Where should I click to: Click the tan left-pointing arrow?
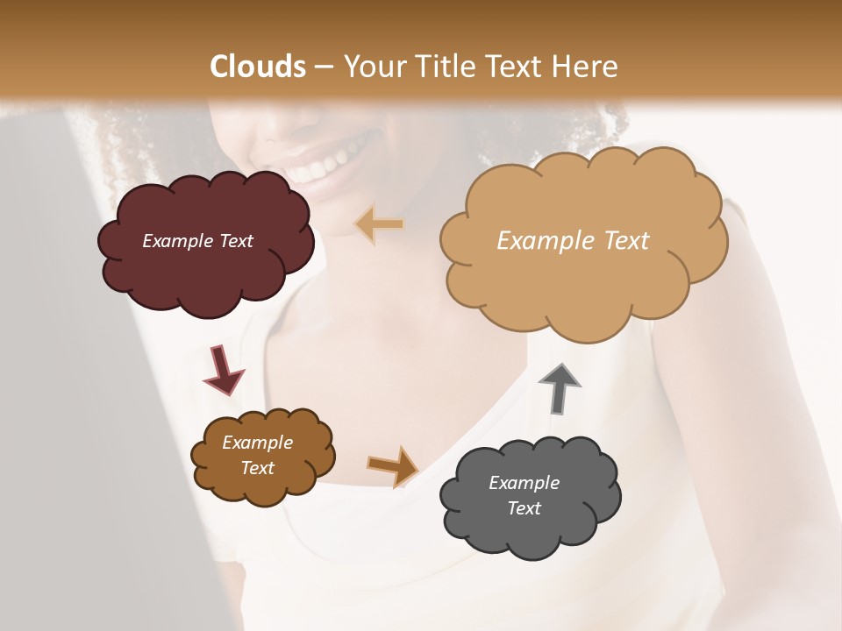coord(380,224)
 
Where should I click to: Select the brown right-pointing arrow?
coord(392,465)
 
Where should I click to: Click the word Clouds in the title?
coord(258,67)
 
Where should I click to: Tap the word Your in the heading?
coord(372,67)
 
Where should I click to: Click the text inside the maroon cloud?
coord(197,241)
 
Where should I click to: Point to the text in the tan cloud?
coord(573,241)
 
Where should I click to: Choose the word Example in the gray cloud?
coord(524,483)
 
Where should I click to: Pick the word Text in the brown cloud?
coord(257,468)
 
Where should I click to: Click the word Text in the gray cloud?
coord(524,508)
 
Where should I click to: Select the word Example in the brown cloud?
coord(257,443)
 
